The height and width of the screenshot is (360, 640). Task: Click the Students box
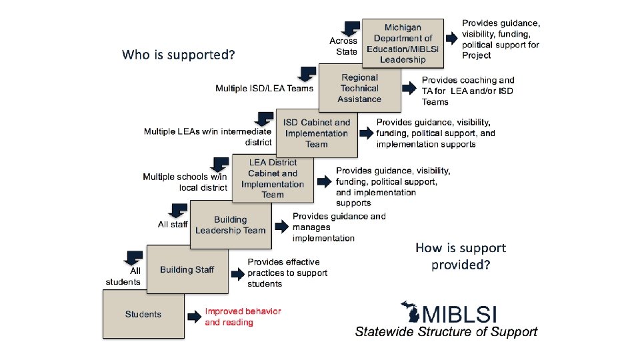(x=143, y=314)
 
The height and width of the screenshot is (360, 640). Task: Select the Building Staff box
(x=187, y=269)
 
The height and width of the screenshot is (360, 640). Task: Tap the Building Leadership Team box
(x=230, y=225)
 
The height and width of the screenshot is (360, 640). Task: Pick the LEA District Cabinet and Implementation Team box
(x=273, y=179)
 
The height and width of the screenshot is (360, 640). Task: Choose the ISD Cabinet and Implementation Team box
(x=316, y=133)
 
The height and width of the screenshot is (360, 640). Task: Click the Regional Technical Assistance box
(x=359, y=88)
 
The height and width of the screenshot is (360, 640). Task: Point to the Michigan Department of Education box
(x=403, y=43)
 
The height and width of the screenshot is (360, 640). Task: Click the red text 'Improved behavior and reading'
(x=243, y=317)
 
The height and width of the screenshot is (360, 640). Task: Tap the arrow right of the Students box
(x=193, y=317)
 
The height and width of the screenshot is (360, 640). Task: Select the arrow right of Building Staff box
(x=237, y=273)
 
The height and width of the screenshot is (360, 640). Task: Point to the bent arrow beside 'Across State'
(x=350, y=28)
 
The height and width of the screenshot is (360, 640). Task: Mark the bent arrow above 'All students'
(x=134, y=257)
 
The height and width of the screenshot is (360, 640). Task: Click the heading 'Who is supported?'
(x=178, y=54)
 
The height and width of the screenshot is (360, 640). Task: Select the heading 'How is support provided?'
(x=461, y=256)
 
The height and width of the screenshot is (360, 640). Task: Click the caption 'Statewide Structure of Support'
(x=445, y=331)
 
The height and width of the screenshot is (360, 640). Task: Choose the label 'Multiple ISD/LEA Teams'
(x=264, y=88)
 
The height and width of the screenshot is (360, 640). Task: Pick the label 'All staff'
(x=173, y=225)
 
